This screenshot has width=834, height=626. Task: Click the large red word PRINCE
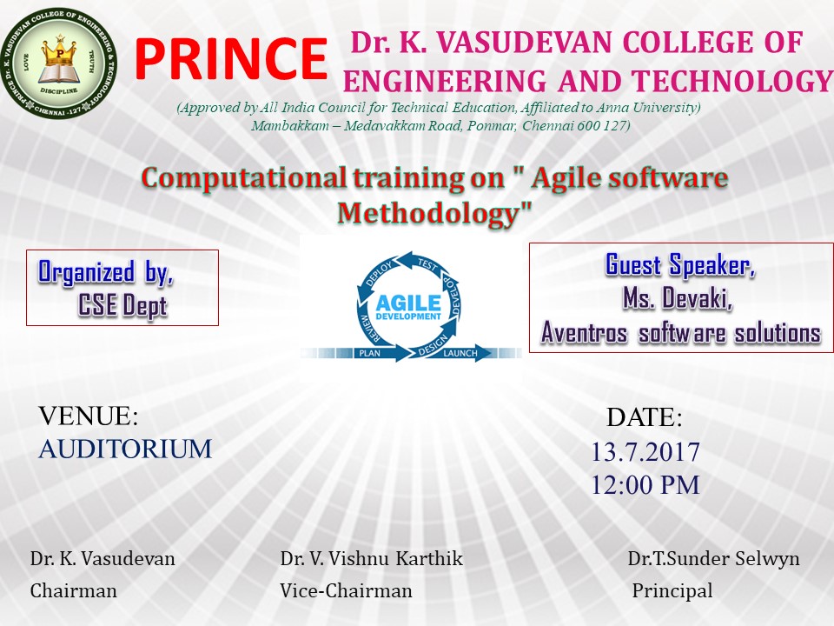[x=231, y=59]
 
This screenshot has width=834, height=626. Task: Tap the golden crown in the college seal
[x=59, y=53]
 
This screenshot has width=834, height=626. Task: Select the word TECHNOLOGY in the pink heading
[x=732, y=82]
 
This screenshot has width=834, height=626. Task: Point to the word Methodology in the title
[x=434, y=214]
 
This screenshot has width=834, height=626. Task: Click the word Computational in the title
[x=243, y=177]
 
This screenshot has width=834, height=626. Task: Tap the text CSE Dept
[x=122, y=306]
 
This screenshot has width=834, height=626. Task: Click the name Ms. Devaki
[x=678, y=298]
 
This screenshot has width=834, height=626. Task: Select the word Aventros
[x=584, y=333]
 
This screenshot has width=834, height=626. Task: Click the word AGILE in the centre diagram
[x=408, y=303]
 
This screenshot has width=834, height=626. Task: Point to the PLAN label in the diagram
[x=370, y=353]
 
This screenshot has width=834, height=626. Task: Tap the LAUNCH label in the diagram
[x=460, y=353]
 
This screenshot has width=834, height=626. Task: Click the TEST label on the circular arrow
[x=427, y=264]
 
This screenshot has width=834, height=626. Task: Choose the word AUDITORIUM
[x=125, y=450]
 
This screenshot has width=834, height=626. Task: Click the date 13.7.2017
[x=645, y=452]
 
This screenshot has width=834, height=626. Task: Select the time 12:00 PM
[x=645, y=485]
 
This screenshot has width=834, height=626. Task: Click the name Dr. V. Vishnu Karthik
[x=371, y=559]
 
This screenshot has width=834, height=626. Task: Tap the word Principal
[x=672, y=591]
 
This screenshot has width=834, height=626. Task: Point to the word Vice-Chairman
[x=347, y=591]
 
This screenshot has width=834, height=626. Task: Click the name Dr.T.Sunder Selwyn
[x=713, y=559]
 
